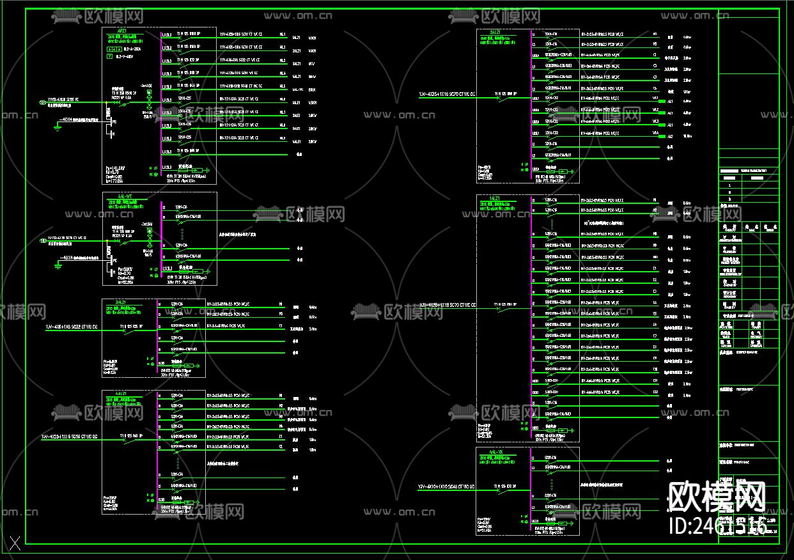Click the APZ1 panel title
coord(122,30)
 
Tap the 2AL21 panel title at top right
coord(495,31)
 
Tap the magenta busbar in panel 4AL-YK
coord(531,489)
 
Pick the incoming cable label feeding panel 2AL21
coord(448,95)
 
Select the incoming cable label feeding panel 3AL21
coord(71,327)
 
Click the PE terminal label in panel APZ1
coord(114,121)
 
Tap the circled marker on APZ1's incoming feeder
coord(43,102)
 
